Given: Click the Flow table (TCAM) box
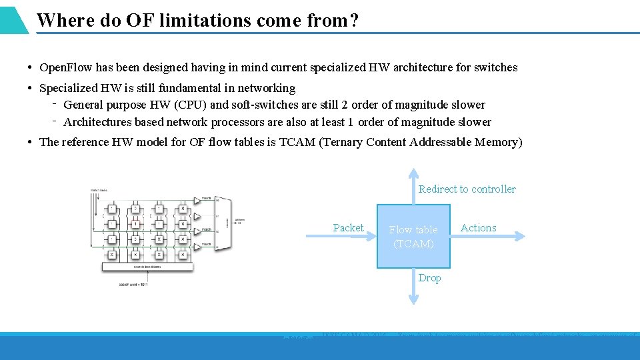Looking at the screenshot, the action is point(413,237).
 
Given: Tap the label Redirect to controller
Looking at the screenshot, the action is point(467,189).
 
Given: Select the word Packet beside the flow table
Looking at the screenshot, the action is point(348,228).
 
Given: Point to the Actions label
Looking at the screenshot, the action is point(478,228).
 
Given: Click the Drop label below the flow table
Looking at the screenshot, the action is point(429,278).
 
